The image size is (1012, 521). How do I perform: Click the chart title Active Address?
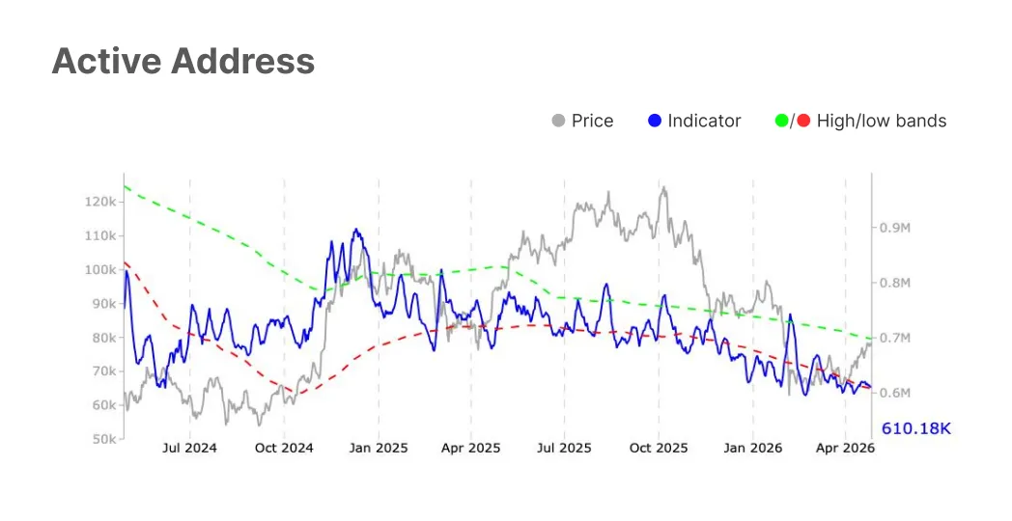pyautogui.click(x=183, y=62)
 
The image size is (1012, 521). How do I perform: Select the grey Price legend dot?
pyautogui.click(x=558, y=121)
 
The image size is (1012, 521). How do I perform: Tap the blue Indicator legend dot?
pyautogui.click(x=655, y=121)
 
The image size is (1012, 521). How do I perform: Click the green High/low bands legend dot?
pyautogui.click(x=781, y=121)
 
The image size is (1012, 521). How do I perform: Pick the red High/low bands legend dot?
pyautogui.click(x=803, y=121)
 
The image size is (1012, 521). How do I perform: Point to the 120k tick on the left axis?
pyautogui.click(x=101, y=203)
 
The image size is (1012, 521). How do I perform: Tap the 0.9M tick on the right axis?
pyautogui.click(x=894, y=228)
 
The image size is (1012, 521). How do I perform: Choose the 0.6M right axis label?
pyautogui.click(x=894, y=393)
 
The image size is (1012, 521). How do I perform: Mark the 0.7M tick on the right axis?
pyautogui.click(x=894, y=338)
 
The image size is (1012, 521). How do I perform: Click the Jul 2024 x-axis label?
pyautogui.click(x=189, y=449)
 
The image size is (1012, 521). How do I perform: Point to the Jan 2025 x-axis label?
pyautogui.click(x=378, y=449)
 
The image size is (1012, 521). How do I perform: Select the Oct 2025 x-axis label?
pyautogui.click(x=659, y=449)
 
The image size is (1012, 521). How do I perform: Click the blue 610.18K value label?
pyautogui.click(x=915, y=427)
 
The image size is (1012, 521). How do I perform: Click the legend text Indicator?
pyautogui.click(x=704, y=121)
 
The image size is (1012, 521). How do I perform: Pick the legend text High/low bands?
pyautogui.click(x=881, y=121)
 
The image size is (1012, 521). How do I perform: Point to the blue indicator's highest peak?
pyautogui.click(x=355, y=230)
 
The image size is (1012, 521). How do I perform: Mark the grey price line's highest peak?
pyautogui.click(x=662, y=188)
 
